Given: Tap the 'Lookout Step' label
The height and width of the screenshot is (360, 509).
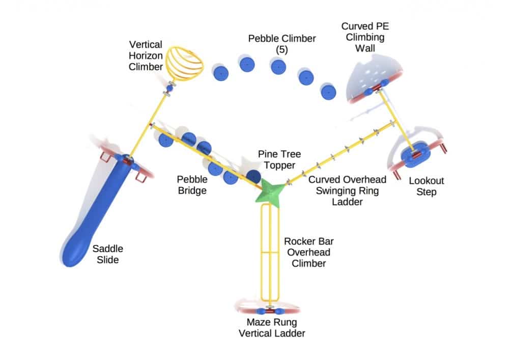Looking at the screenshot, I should [x=427, y=186].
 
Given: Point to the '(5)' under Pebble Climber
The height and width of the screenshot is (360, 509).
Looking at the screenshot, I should [x=281, y=49].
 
